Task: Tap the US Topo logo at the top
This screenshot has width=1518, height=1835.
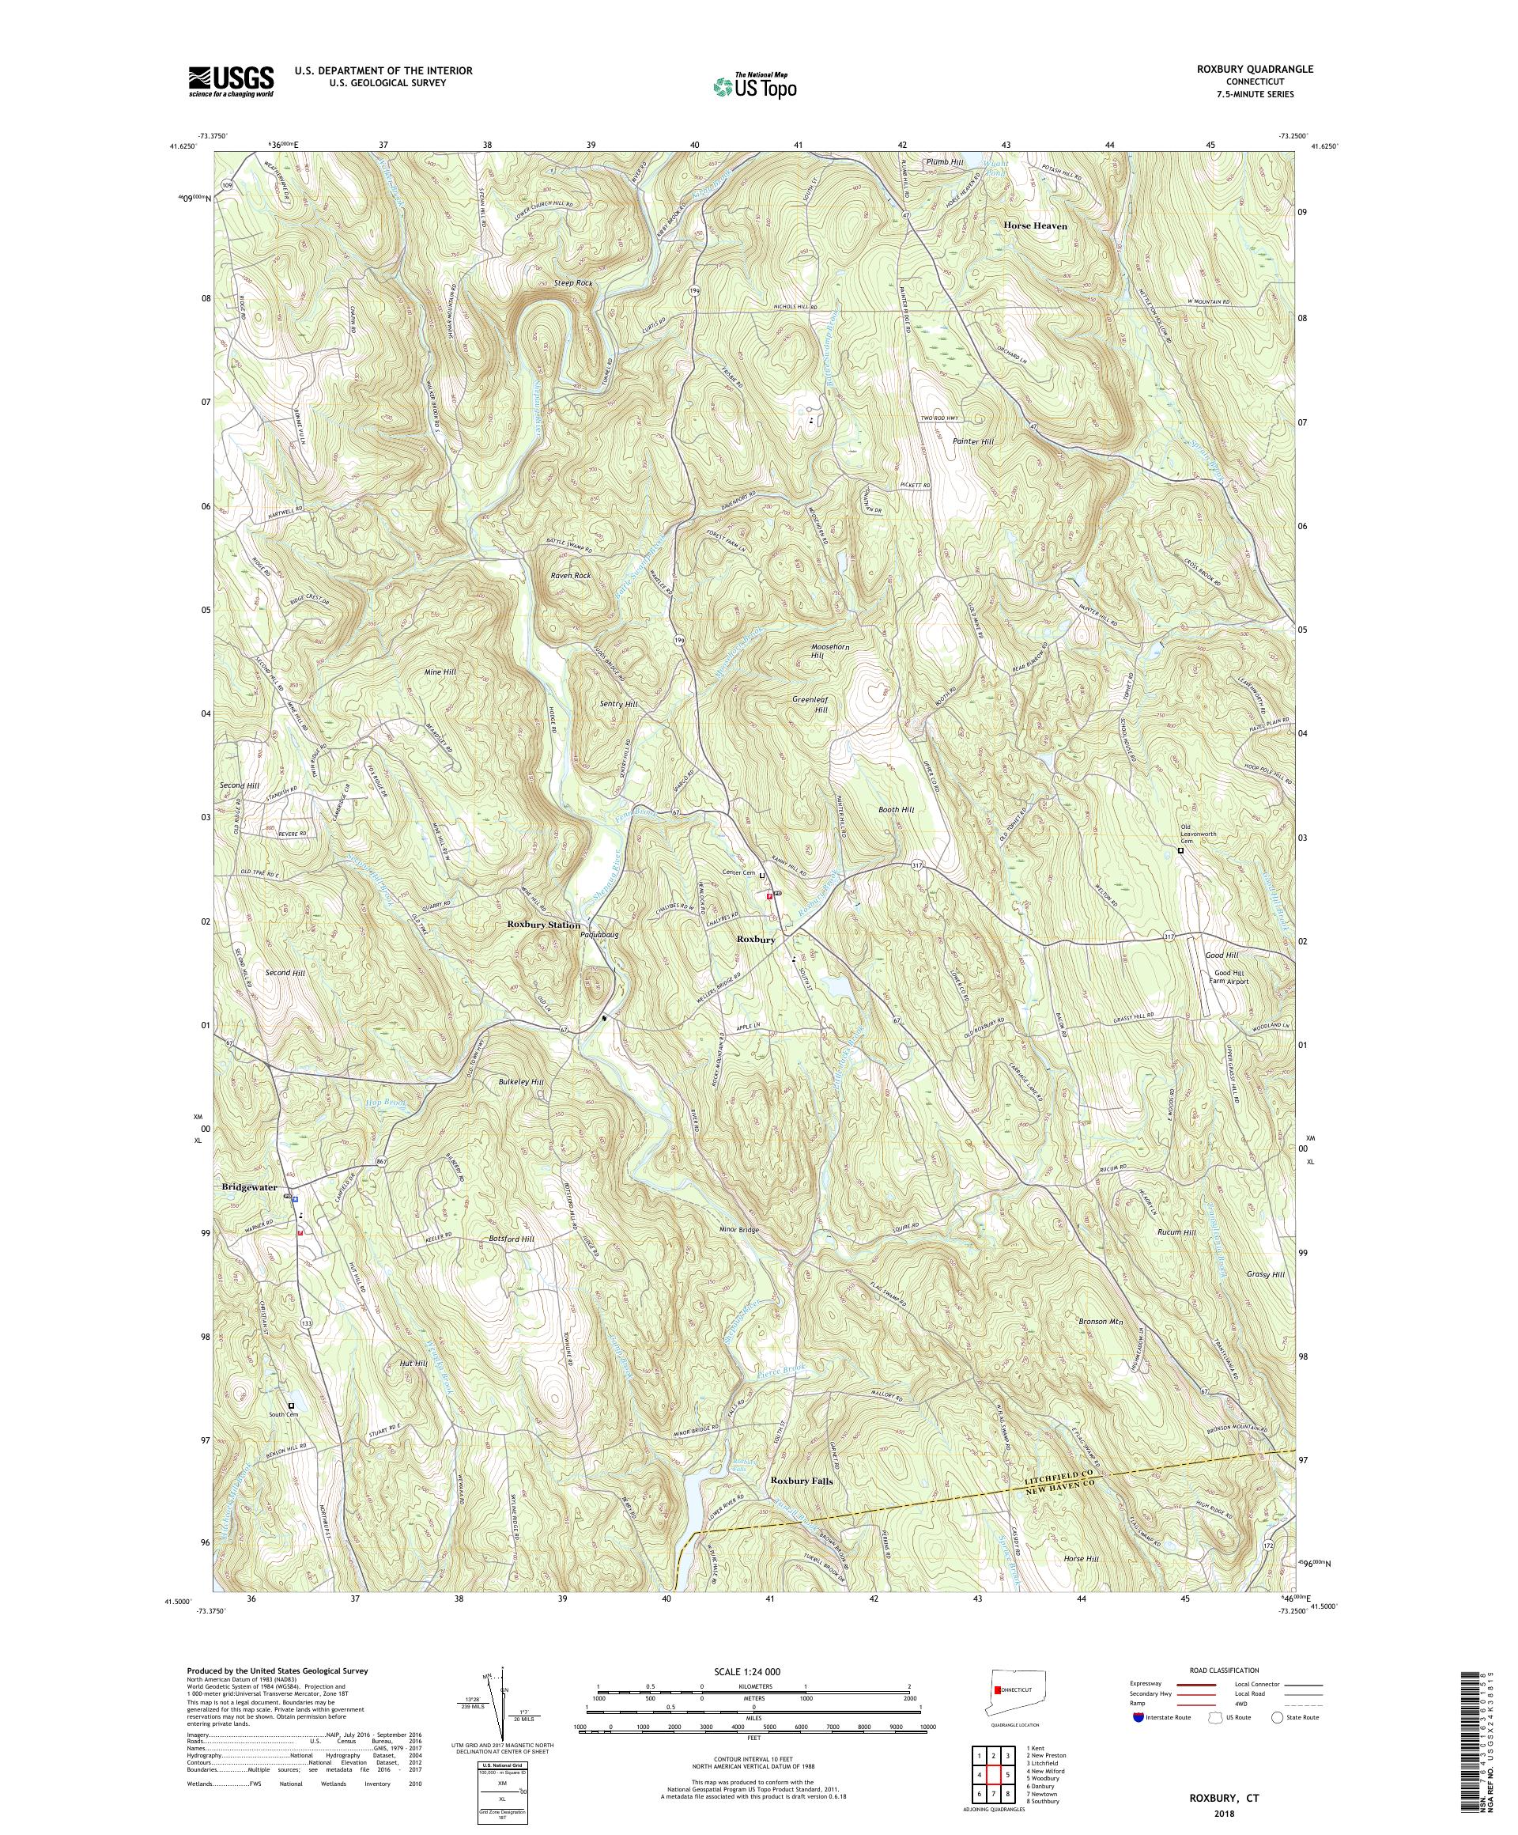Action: (x=754, y=85)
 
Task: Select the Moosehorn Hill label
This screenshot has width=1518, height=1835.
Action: (x=829, y=650)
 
